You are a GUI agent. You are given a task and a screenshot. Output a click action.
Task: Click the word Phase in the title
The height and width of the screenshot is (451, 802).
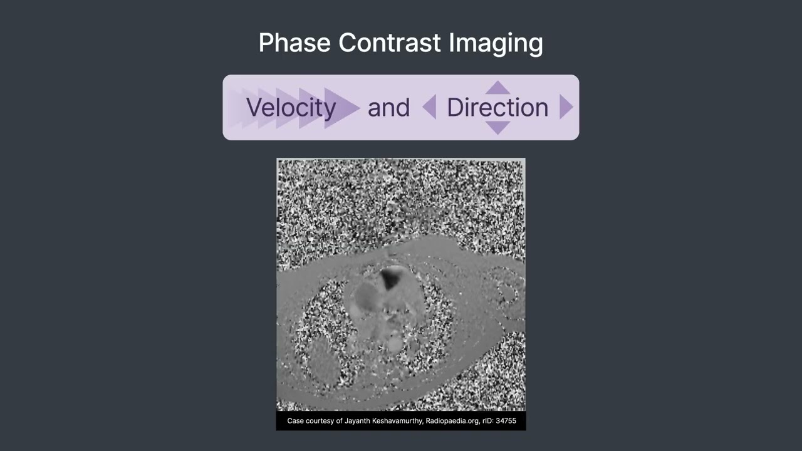click(294, 43)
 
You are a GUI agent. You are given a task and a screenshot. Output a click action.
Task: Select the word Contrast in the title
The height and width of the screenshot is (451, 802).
click(390, 43)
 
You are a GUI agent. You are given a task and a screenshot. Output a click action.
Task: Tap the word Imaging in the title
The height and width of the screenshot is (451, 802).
click(496, 43)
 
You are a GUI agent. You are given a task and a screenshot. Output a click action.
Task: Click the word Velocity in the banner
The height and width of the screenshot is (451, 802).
click(291, 108)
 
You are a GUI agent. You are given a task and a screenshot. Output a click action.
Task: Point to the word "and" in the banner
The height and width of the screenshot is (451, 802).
click(388, 108)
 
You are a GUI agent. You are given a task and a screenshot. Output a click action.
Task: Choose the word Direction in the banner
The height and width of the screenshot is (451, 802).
click(497, 108)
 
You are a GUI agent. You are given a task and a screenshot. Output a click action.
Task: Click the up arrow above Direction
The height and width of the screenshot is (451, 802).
click(497, 88)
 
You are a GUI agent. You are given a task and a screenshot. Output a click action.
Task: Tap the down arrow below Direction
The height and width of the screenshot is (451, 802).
click(497, 127)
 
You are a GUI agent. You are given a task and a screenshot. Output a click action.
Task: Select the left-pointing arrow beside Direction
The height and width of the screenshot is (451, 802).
click(430, 107)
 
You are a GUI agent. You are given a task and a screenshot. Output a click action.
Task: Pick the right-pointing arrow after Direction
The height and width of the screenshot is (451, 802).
click(565, 107)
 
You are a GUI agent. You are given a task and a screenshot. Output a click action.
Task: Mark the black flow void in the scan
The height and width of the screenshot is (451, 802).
click(392, 277)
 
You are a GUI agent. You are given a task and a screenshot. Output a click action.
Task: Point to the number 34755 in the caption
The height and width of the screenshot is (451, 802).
click(506, 421)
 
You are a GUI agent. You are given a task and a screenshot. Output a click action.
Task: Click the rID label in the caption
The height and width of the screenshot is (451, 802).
click(487, 421)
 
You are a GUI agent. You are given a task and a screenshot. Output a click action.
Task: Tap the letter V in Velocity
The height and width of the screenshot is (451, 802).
click(252, 108)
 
